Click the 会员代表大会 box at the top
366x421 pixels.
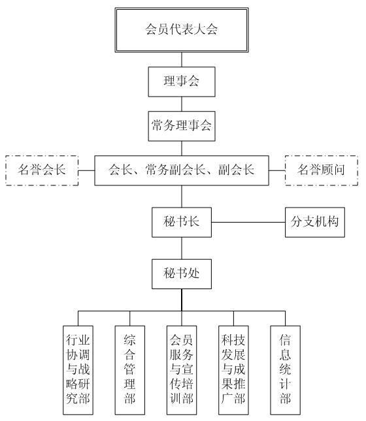pos(182,30)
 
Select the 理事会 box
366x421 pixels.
pos(182,82)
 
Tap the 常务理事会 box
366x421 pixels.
pos(182,126)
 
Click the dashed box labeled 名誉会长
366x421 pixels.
pos(42,170)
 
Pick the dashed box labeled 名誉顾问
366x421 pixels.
pos(322,170)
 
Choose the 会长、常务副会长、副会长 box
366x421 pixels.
pos(182,170)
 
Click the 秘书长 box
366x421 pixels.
pos(182,222)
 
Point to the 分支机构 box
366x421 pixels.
pos(315,222)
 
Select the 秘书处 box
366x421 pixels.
pos(182,274)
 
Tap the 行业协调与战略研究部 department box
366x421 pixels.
pos(78,370)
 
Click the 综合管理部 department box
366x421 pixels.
pos(130,370)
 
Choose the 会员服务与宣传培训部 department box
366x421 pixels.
pos(182,370)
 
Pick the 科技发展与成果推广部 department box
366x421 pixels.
pos(233,370)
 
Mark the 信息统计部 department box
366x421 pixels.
pos(286,370)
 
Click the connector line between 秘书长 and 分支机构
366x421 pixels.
pos(248,223)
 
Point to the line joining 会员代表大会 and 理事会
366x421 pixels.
pos(182,59)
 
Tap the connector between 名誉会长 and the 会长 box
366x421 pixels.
pos(86,170)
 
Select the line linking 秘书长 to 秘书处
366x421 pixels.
pos(182,248)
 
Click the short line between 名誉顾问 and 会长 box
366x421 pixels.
pos(277,170)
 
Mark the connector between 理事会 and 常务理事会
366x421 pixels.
pos(182,104)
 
